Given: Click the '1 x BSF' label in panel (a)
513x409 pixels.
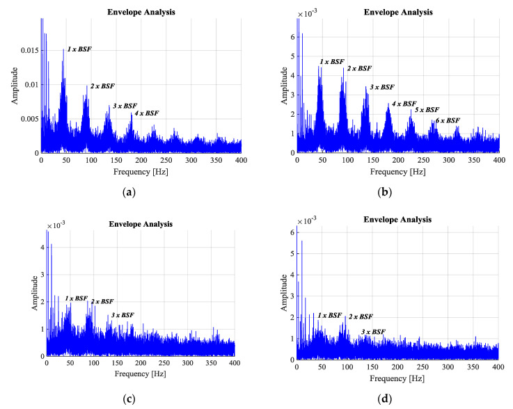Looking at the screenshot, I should pos(79,49).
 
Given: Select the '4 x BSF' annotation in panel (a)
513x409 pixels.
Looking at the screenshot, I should pos(146,113).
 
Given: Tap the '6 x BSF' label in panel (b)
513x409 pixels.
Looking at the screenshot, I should pos(448,120).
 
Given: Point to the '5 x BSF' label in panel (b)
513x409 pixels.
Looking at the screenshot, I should pos(427,110).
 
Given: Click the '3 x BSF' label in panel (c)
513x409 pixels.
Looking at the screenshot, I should pos(122,315).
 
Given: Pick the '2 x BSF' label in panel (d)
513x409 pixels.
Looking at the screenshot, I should pos(361,316).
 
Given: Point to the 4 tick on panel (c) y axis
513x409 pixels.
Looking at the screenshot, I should pos(41,247).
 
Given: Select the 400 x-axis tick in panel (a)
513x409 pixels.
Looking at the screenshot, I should pos(242,160).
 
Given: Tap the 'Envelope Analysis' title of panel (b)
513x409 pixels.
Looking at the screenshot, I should pos(399,12).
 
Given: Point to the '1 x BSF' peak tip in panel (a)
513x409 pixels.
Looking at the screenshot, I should pos(63,49).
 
